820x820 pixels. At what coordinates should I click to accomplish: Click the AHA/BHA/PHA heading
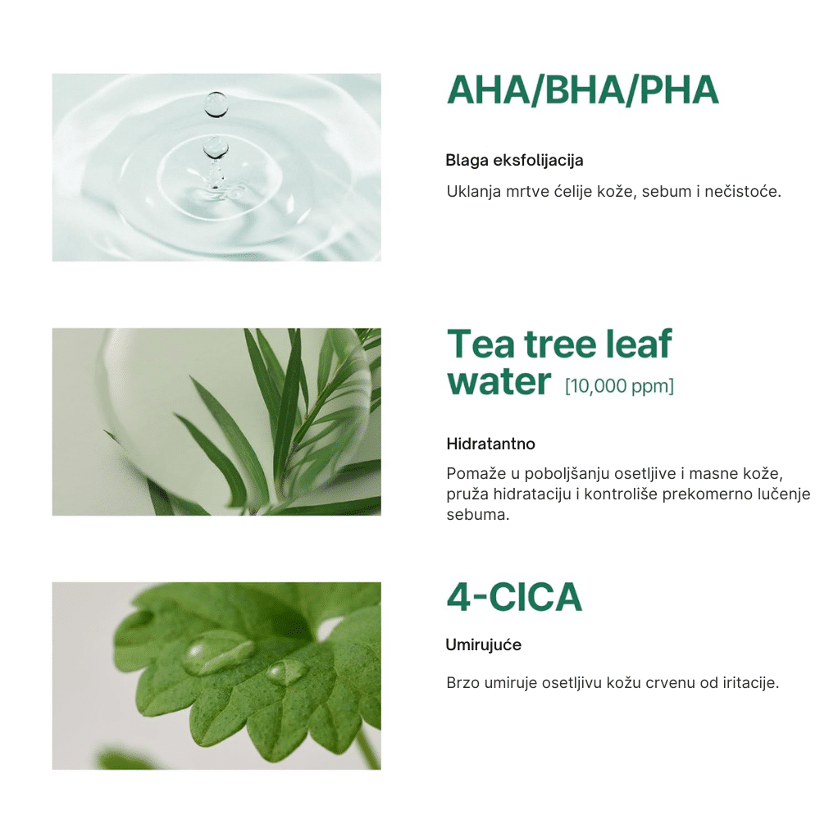pos(582,90)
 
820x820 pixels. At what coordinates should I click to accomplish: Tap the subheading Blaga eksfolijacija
pos(514,160)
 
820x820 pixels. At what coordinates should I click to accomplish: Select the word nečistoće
pos(743,191)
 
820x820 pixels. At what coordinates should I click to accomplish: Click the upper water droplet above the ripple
pos(216,104)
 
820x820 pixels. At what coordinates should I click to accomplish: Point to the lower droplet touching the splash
pos(216,148)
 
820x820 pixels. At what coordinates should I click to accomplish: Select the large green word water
pos(499,381)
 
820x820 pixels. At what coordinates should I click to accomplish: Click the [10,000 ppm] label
pos(620,386)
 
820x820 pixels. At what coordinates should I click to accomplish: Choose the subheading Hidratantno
pos(490,444)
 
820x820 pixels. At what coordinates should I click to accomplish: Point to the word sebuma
pos(477,515)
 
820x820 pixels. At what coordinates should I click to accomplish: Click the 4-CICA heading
pos(514,597)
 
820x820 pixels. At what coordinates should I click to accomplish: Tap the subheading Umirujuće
pos(483,645)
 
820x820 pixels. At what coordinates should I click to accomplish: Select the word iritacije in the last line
pos(750,683)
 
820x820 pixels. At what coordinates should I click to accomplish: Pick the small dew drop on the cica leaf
pos(287,672)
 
